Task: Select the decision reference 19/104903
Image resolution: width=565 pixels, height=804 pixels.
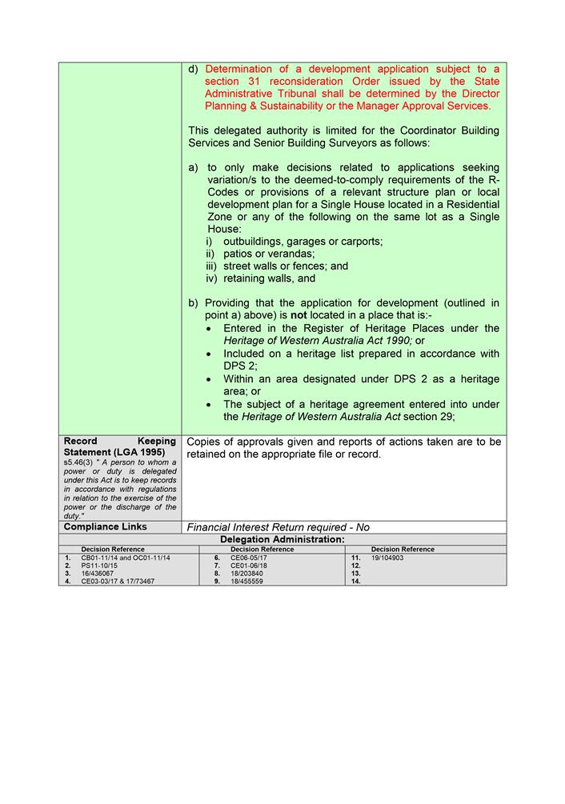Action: tap(387, 558)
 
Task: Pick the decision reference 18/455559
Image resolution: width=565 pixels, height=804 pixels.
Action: tap(246, 582)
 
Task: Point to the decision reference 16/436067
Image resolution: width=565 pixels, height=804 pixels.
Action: tap(97, 574)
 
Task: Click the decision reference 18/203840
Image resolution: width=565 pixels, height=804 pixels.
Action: tap(246, 574)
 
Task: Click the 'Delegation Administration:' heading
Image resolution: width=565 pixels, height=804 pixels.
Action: tap(282, 539)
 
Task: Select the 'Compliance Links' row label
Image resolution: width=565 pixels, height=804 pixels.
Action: tap(105, 527)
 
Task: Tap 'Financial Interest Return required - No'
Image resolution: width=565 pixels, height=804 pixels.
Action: tap(278, 527)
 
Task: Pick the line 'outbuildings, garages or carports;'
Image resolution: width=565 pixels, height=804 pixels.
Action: tap(303, 242)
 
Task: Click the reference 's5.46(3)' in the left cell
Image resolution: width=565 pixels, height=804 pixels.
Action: tap(77, 462)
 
